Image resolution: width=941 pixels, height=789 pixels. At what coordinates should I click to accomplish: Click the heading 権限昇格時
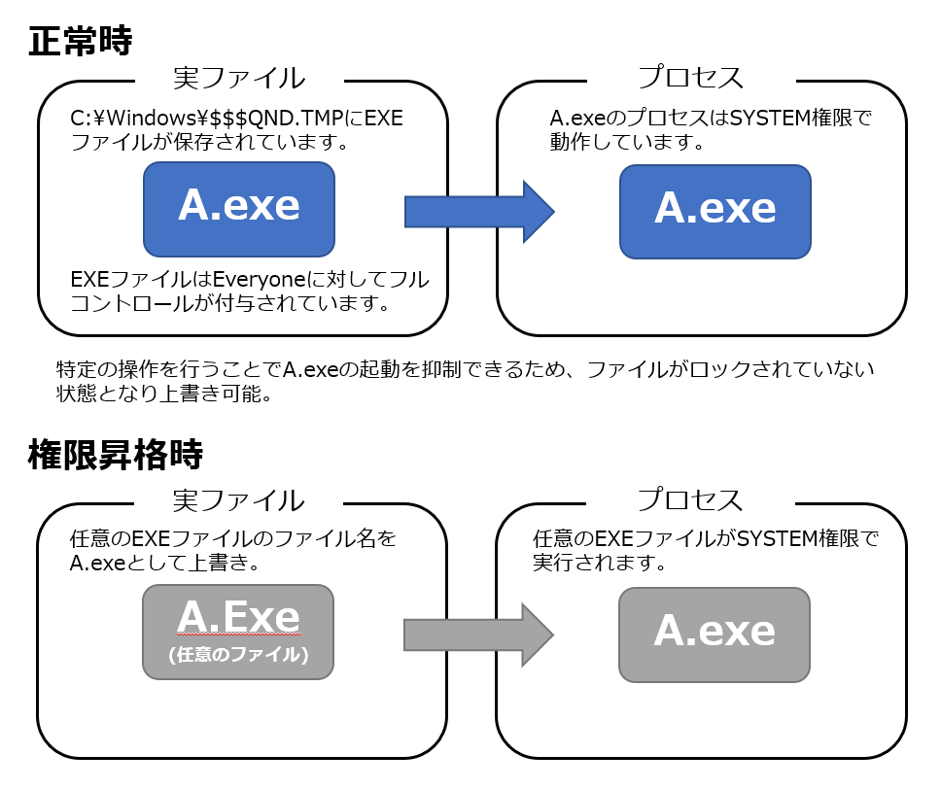(x=116, y=454)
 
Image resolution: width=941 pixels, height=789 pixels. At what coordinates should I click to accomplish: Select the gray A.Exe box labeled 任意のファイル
(x=238, y=632)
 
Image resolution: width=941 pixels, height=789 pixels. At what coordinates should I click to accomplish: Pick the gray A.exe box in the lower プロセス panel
(x=714, y=634)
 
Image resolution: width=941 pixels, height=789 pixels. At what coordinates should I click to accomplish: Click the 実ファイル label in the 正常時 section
(x=239, y=78)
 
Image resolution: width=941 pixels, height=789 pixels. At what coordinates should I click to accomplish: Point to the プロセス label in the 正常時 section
(x=690, y=78)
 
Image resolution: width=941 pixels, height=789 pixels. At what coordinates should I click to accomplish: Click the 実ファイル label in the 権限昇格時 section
(x=239, y=500)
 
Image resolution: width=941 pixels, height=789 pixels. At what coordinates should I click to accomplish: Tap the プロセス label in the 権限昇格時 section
(x=690, y=500)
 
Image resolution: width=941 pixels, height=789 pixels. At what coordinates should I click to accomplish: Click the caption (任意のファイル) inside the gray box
(x=238, y=655)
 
